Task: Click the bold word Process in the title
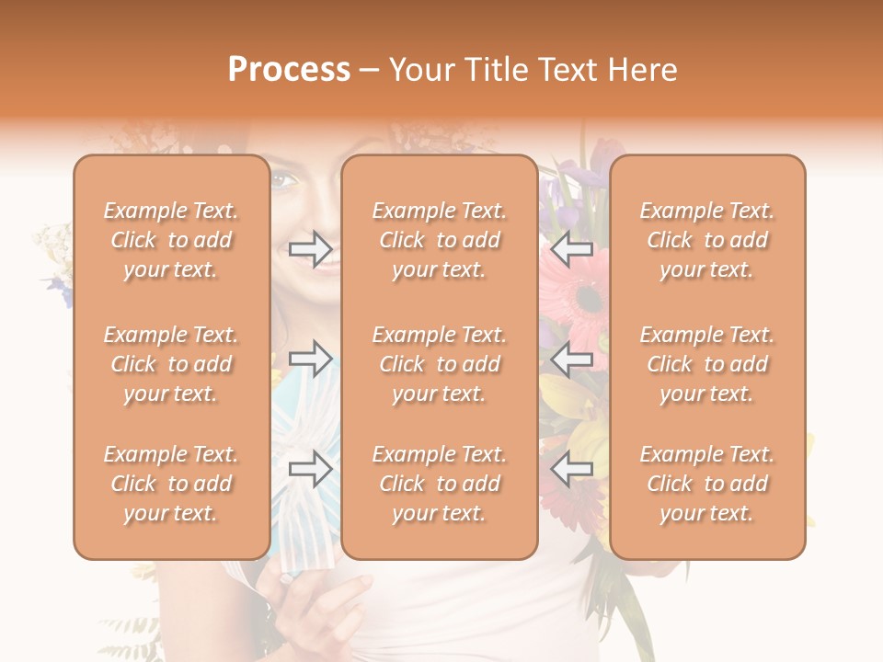click(x=289, y=70)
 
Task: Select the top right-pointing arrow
click(x=310, y=248)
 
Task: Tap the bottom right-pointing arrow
click(x=310, y=469)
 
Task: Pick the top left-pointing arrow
click(x=572, y=248)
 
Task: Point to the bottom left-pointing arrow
click(x=572, y=469)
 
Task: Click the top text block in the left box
click(x=171, y=240)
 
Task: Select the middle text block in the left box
click(x=171, y=364)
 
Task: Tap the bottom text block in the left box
click(x=171, y=484)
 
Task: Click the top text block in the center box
click(x=440, y=240)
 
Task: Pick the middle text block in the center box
click(x=440, y=364)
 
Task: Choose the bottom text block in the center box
click(x=440, y=484)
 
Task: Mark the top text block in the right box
click(x=707, y=240)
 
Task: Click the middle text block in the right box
click(x=707, y=364)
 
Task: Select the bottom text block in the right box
click(x=707, y=484)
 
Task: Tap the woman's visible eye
click(x=283, y=181)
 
